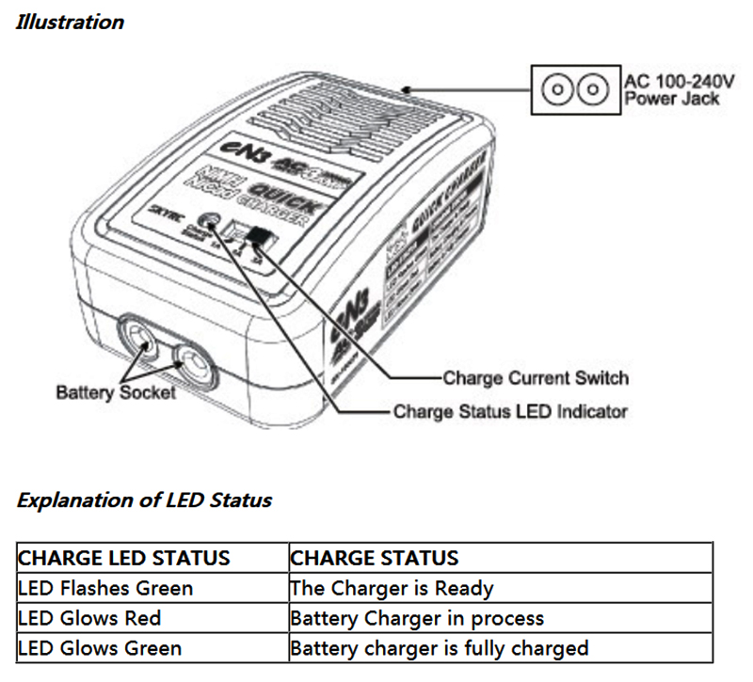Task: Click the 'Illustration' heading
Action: click(70, 22)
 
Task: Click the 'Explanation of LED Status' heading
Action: click(144, 500)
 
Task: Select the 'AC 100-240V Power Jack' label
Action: click(672, 89)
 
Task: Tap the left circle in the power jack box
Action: click(558, 90)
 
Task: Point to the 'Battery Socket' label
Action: click(116, 391)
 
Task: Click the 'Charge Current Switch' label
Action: click(535, 378)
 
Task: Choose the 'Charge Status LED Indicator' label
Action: click(509, 411)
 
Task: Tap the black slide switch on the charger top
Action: click(261, 239)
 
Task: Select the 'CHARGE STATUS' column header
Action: click(375, 557)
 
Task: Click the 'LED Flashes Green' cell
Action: click(105, 588)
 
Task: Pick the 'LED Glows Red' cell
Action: click(89, 618)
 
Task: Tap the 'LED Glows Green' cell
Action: click(100, 648)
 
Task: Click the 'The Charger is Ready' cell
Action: click(392, 588)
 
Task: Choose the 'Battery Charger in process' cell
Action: click(417, 618)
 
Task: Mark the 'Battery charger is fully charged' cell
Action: click(439, 648)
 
